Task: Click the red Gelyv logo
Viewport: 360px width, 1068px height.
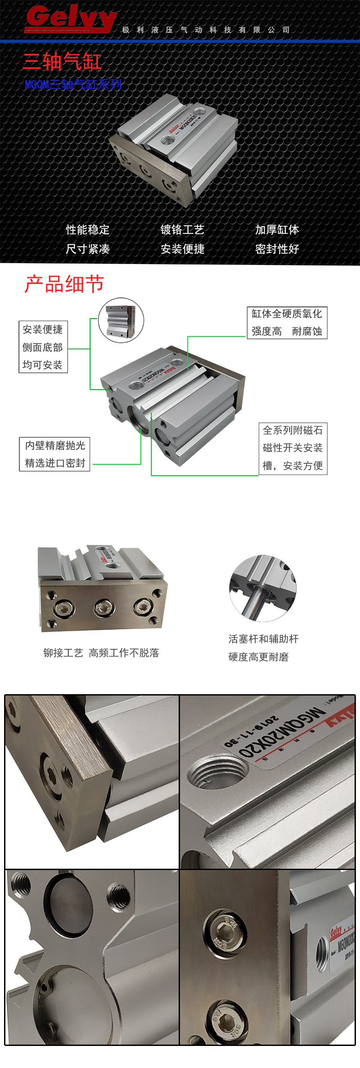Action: (x=71, y=19)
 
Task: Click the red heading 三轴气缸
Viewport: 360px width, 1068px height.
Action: (x=62, y=61)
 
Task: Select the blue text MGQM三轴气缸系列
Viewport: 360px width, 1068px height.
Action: (x=73, y=85)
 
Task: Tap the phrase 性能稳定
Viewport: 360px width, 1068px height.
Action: (x=88, y=230)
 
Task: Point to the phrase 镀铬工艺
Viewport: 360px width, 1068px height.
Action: (x=182, y=230)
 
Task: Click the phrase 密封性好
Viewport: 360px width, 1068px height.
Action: (x=277, y=249)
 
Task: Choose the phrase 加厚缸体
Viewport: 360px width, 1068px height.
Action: (x=277, y=230)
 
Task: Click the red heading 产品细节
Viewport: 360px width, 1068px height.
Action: (x=64, y=284)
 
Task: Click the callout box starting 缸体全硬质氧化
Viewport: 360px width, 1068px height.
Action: (x=287, y=323)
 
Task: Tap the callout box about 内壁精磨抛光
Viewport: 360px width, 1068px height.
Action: (x=55, y=454)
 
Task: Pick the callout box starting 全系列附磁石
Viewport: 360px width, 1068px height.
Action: (x=293, y=448)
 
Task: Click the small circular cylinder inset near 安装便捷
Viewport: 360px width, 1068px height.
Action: (x=121, y=320)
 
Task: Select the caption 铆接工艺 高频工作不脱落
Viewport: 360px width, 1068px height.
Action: (x=101, y=653)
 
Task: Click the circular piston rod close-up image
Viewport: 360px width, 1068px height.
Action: (x=263, y=588)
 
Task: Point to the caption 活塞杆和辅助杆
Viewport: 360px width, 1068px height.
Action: (x=263, y=639)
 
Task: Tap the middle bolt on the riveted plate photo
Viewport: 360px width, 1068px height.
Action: (x=104, y=608)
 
